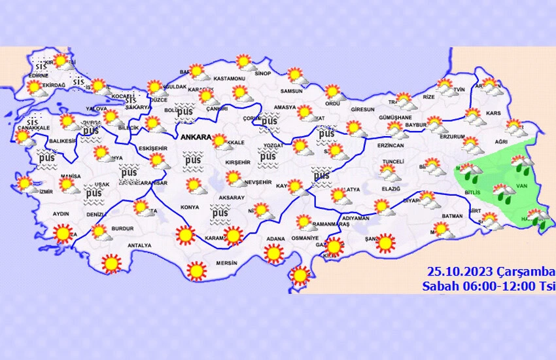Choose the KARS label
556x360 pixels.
point(493,113)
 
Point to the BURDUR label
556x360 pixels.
point(123,229)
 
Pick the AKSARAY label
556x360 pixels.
point(232,197)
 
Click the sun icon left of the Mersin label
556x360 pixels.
point(196,270)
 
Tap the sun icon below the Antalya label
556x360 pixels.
point(112,263)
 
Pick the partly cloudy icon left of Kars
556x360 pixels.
point(472,117)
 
